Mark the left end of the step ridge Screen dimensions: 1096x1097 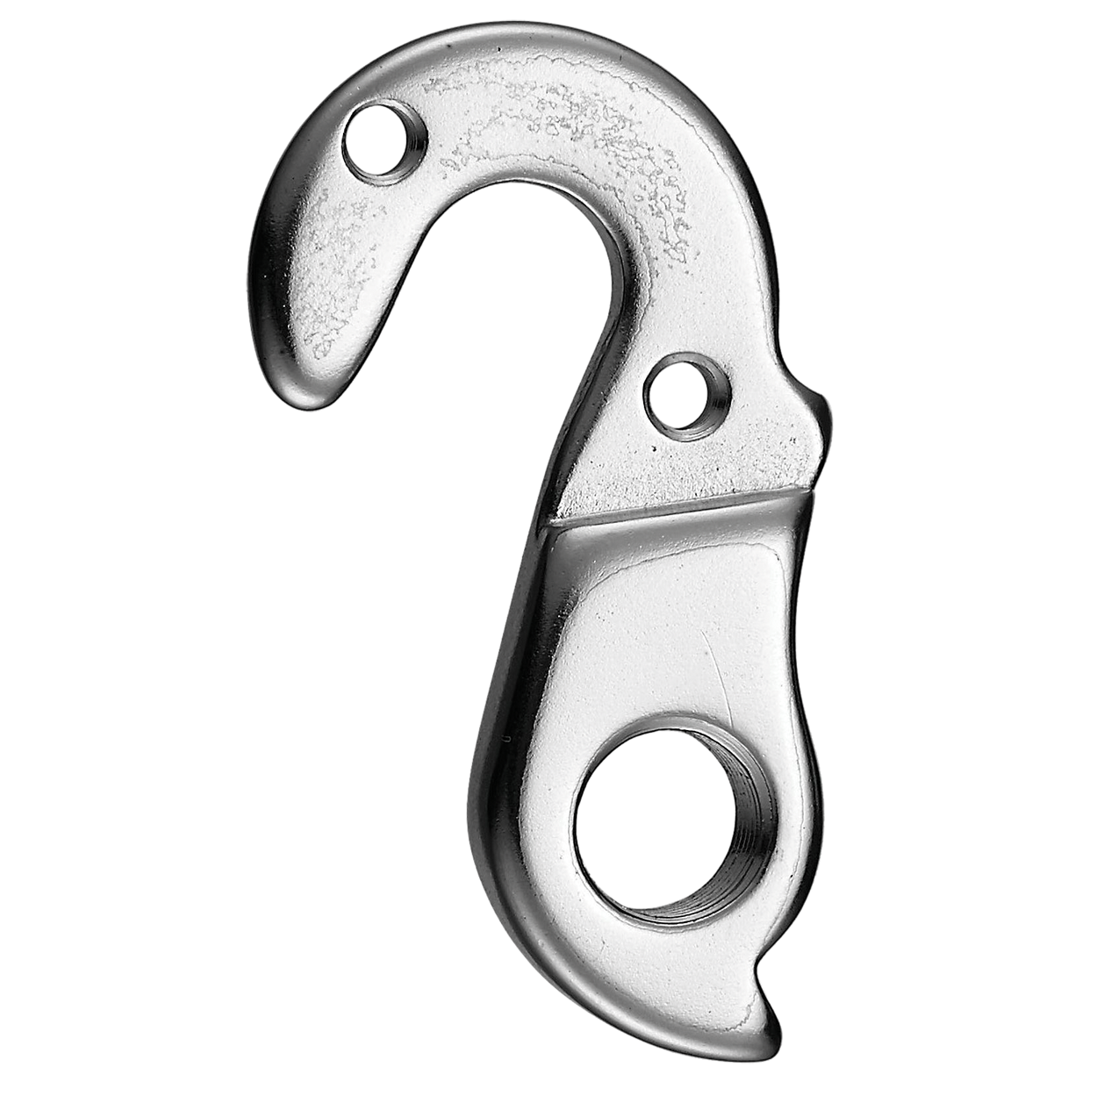(x=553, y=524)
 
